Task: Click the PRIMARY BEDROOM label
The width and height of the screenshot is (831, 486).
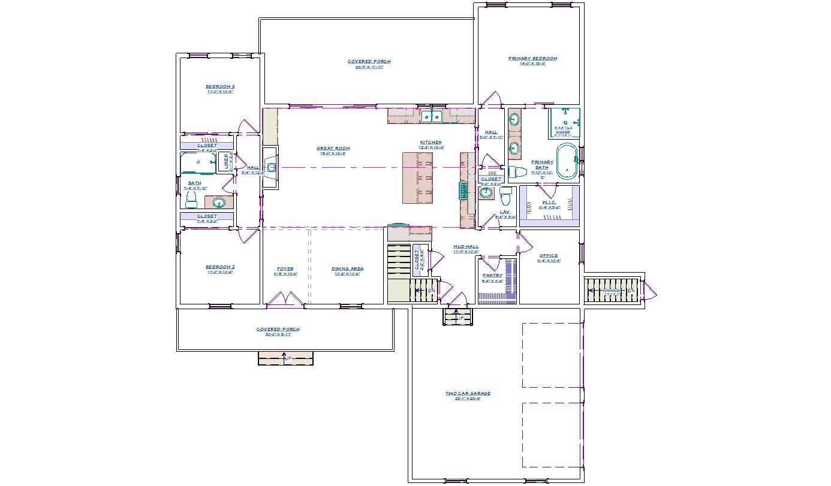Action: click(532, 59)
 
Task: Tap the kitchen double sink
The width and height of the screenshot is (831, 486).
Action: click(431, 116)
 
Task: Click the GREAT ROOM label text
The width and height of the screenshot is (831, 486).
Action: click(333, 149)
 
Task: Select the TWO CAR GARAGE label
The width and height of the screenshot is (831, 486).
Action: click(468, 394)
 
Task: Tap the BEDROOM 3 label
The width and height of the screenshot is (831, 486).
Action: click(219, 87)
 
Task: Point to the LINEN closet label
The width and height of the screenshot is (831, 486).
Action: click(226, 161)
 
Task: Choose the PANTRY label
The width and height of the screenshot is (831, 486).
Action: click(492, 276)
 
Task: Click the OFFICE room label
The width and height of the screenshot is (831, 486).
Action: click(548, 256)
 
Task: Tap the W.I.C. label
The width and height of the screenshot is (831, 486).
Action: click(549, 203)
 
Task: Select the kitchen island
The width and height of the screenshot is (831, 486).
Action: click(417, 177)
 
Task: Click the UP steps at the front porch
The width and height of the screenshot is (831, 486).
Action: click(285, 358)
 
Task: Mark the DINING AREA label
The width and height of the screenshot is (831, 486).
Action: click(347, 269)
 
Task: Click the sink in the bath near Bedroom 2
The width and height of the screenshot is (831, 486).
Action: click(219, 202)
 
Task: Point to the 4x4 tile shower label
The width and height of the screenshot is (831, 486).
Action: click(563, 128)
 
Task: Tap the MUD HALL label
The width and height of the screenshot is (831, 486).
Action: click(465, 247)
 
